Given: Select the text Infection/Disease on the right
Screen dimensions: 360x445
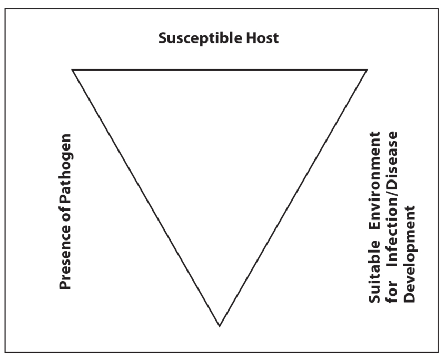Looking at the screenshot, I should coord(391,202).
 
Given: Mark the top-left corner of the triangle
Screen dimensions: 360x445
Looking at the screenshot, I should coord(73,69).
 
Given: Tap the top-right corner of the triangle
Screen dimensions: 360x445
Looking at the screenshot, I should coord(367,69).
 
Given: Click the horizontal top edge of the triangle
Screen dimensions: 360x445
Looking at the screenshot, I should coord(220,69).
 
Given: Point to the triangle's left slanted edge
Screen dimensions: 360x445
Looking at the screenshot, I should coord(146,197).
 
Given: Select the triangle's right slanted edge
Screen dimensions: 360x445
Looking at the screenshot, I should coord(293,197).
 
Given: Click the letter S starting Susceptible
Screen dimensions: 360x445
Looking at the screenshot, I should coord(163,39).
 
